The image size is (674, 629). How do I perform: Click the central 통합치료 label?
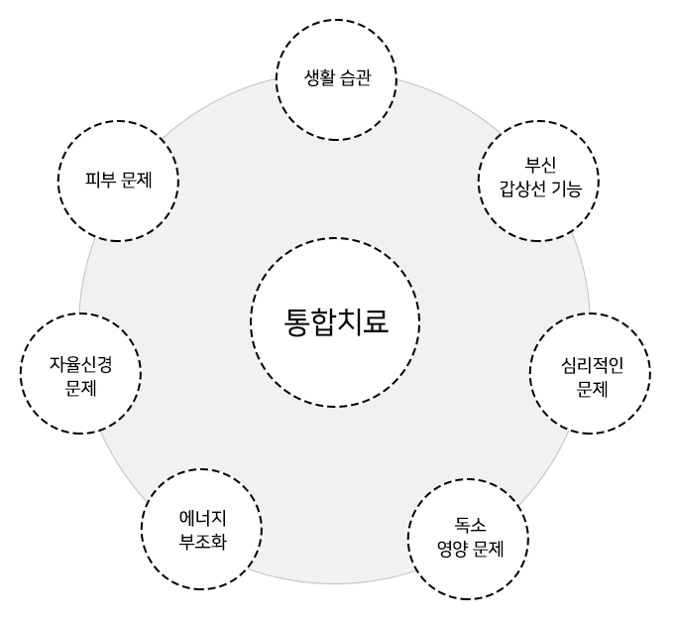336,321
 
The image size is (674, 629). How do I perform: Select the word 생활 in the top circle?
320,77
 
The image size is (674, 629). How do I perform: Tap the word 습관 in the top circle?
355,77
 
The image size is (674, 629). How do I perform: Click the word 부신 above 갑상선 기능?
540,164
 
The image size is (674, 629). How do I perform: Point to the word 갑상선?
522,189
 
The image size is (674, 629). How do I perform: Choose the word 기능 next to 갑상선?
566,189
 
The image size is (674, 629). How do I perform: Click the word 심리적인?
592,365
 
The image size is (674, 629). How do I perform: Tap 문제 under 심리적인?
592,389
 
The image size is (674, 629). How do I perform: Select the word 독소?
470,525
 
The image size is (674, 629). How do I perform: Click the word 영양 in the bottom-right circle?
452,550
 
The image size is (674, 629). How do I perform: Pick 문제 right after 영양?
488,550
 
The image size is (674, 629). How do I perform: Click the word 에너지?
202,518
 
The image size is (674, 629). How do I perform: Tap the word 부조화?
202,542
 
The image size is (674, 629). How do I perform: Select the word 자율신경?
81,364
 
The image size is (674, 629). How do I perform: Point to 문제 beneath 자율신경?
81,389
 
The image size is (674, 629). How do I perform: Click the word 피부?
100,180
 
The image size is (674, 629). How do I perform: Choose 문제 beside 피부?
136,180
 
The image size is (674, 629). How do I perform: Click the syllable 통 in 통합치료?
297,321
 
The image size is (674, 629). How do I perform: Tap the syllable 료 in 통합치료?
376,321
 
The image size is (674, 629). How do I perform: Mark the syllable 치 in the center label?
350,321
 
